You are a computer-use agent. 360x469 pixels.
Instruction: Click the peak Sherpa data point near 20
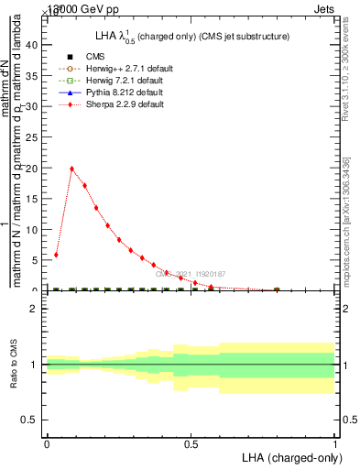tap(72, 169)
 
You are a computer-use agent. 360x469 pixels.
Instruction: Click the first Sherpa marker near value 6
tap(56, 255)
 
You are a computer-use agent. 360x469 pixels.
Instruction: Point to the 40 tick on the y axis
tap(34, 45)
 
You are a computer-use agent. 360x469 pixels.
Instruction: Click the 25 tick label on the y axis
tap(34, 137)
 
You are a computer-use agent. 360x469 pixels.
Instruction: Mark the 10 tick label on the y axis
tap(34, 230)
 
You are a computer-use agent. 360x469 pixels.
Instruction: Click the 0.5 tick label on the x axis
tap(191, 444)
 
